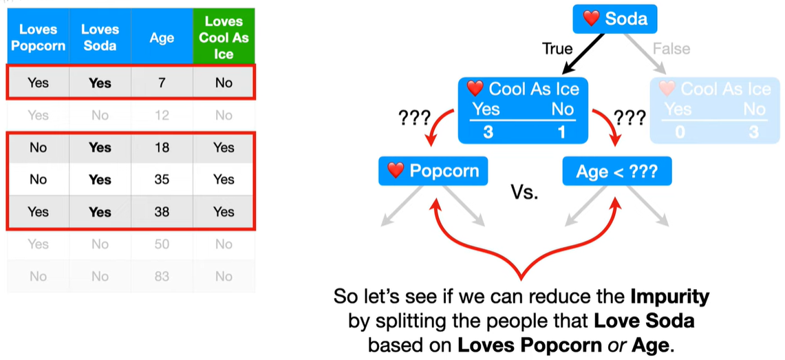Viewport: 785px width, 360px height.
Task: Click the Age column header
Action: pos(162,38)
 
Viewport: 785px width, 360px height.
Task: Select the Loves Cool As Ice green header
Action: pos(224,38)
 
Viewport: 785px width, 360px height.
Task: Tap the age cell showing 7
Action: pos(162,83)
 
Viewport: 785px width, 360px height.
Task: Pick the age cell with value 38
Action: pos(162,212)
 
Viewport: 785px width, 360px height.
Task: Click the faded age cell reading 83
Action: pos(162,276)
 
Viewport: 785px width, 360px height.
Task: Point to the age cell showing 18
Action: pos(162,147)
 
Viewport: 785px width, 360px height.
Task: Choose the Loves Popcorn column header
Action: pos(38,38)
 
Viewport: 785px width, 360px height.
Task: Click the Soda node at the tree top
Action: pos(614,19)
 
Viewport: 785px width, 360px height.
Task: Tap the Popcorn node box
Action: pos(433,171)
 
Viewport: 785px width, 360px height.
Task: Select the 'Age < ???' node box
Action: pos(616,171)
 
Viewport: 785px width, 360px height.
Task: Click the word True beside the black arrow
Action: pos(557,49)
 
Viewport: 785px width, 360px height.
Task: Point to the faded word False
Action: pos(671,49)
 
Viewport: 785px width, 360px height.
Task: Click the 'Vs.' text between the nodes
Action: pos(524,192)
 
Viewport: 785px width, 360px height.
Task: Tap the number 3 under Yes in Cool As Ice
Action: pos(488,131)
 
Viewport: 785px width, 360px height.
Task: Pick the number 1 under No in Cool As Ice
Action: pos(561,131)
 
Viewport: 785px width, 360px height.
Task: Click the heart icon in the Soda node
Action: pos(591,19)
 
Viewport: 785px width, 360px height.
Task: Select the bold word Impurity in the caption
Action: pos(669,297)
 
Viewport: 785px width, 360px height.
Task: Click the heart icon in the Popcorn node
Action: pos(395,171)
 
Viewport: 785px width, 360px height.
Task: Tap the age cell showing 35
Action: pos(162,180)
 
